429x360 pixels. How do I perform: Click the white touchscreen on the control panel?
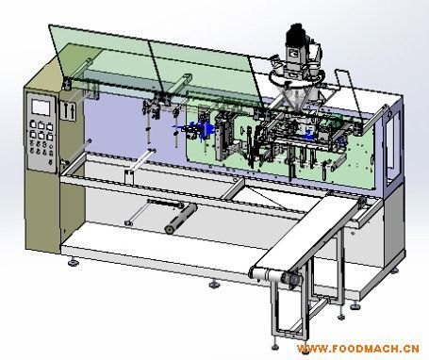coord(41,106)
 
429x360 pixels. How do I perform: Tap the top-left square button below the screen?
coord(33,124)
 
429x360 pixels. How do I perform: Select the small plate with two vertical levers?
coord(69,110)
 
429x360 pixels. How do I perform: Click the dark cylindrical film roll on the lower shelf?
coord(181,219)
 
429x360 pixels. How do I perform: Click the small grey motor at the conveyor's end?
coord(290,279)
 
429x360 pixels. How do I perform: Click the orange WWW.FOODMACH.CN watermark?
coord(358,349)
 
